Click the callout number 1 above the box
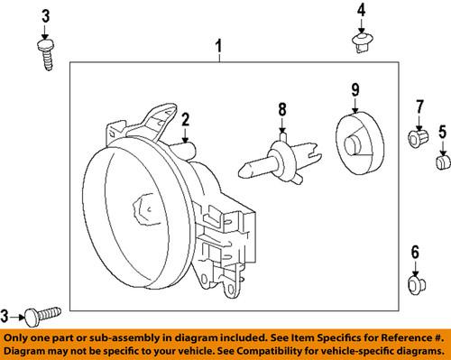[216, 44]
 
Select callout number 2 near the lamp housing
[184, 118]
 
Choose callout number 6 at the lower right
[415, 252]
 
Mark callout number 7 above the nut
[419, 109]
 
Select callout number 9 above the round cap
[354, 88]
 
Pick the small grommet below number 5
[442, 162]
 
